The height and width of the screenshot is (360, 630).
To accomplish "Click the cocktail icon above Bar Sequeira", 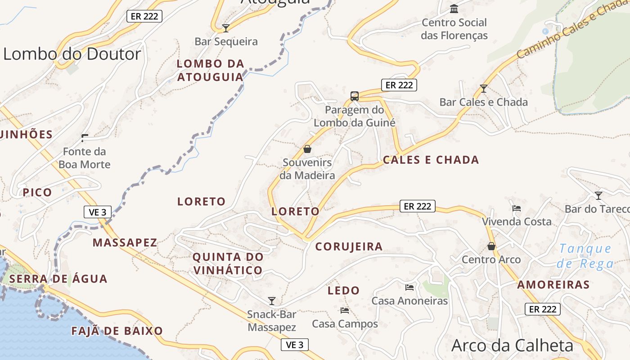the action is click(226, 28).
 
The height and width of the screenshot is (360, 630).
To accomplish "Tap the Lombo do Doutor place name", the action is click(72, 54).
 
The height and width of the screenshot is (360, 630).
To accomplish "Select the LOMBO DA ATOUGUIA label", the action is click(211, 70).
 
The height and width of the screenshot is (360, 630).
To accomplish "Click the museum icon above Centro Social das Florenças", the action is click(454, 9).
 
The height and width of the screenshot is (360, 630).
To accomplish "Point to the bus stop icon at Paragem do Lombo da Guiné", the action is click(355, 96).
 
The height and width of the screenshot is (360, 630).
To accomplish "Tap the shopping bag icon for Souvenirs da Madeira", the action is click(307, 149).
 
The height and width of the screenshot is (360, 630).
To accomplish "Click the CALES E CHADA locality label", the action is click(431, 160).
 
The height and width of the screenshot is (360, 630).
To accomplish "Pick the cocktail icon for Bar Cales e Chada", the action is click(484, 89).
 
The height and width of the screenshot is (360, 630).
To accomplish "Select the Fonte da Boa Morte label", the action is click(84, 158).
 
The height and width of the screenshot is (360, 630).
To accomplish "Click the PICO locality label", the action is click(37, 192).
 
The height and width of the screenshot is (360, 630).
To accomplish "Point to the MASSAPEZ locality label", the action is click(125, 243).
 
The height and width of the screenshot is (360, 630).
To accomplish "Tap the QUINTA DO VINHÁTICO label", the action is click(228, 264).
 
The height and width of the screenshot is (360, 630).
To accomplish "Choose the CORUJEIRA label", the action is click(349, 246).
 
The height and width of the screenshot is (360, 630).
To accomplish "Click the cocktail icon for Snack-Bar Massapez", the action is click(271, 301).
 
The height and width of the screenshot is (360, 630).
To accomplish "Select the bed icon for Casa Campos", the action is click(345, 310).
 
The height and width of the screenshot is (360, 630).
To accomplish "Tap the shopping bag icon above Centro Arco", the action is click(491, 246).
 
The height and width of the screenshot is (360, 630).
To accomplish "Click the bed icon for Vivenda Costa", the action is click(517, 208).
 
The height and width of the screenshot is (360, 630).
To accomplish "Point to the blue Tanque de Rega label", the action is click(585, 256).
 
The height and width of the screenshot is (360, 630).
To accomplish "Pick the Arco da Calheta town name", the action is click(512, 346).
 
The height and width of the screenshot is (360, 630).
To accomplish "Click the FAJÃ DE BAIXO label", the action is click(117, 331).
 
